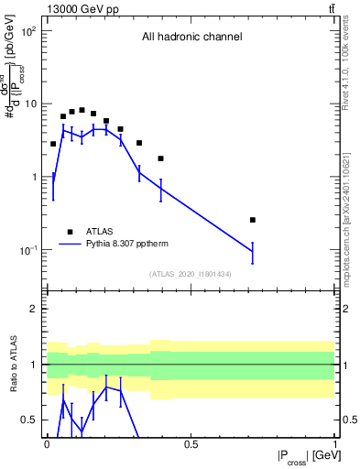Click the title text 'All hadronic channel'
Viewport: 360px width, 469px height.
click(191, 38)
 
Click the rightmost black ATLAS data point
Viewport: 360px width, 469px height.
click(253, 220)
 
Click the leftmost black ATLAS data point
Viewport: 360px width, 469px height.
click(53, 144)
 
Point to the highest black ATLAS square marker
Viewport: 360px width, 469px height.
click(82, 110)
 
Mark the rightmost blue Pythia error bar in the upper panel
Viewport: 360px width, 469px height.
click(253, 251)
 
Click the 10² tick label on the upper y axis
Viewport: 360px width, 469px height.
click(28, 31)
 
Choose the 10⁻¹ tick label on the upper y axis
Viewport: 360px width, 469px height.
click(28, 250)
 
